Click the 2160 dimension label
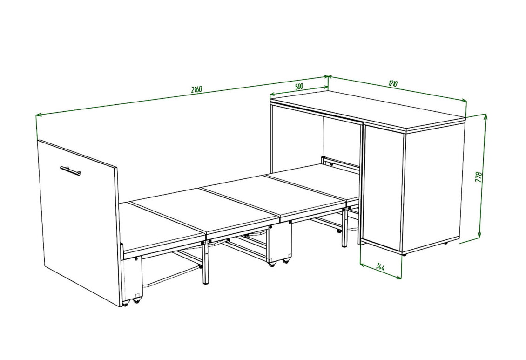pos(196,89)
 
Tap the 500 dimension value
pos(299,86)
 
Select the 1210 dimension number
pos(393,83)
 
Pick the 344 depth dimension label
pos(380,267)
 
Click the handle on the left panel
pos(70,170)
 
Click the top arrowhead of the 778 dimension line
pos(485,116)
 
